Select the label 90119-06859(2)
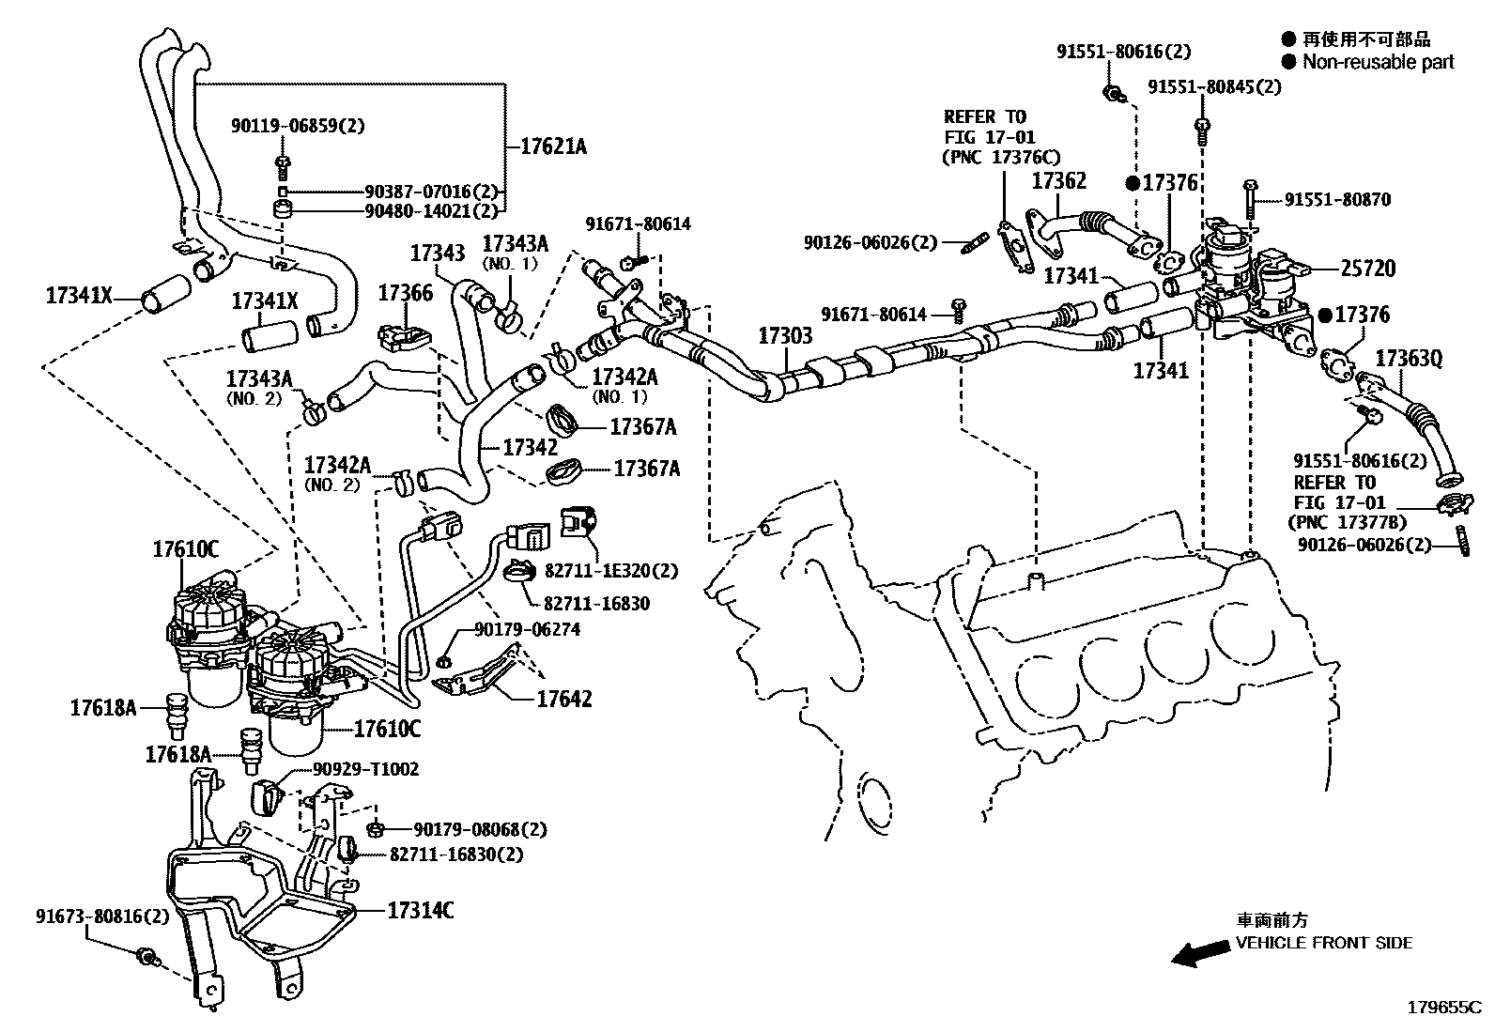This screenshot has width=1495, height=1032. point(298,125)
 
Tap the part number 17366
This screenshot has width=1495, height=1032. point(405,293)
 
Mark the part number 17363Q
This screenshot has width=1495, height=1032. point(1409,358)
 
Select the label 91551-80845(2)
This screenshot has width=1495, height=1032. point(1213,86)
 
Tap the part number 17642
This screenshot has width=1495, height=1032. point(564,699)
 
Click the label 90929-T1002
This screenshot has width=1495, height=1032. point(365,770)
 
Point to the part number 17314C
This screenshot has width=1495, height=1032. point(420,909)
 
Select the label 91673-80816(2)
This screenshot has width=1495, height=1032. point(103,916)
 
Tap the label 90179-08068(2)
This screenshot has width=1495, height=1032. point(480,829)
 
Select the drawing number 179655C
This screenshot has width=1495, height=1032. point(1441,1008)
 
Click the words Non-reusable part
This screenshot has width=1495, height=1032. point(1378,62)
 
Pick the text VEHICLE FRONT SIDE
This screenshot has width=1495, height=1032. point(1323,943)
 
